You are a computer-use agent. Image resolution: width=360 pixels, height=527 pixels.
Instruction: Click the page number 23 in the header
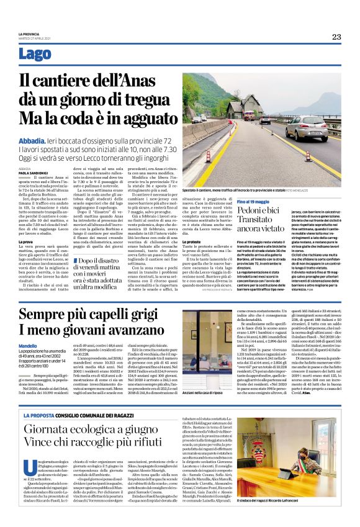pyautogui.click(x=336, y=37)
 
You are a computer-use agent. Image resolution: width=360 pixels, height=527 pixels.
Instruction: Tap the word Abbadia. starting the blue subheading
pyautogui.click(x=33, y=142)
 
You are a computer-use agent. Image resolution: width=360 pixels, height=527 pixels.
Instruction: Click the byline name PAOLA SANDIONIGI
pyautogui.click(x=32, y=171)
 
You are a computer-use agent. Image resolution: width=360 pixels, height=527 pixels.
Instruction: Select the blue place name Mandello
pyautogui.click(x=27, y=345)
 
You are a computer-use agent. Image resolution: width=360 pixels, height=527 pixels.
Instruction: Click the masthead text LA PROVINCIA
pyautogui.click(x=29, y=34)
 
